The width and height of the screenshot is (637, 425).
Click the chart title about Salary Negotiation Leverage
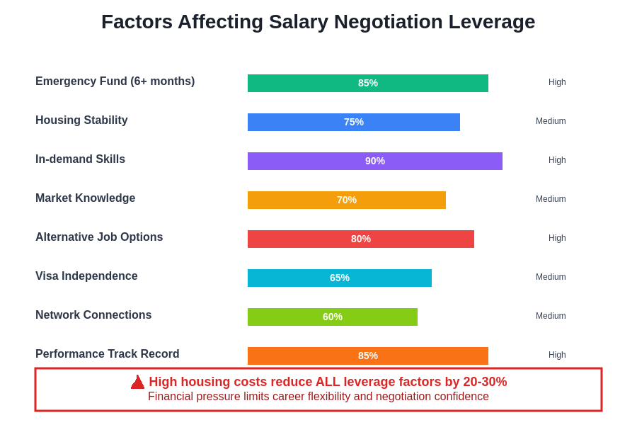318,22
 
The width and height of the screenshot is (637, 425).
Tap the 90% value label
375,161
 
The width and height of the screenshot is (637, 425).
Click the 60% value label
333,317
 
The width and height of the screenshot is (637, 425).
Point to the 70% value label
347,200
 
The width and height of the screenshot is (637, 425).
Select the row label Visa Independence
86,276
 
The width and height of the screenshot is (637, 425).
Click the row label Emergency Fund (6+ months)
115,81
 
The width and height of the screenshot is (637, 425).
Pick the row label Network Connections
93,315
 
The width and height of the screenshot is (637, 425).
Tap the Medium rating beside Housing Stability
551,121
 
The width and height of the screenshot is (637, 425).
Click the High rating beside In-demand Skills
557,160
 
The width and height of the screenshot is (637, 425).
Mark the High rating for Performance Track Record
557,355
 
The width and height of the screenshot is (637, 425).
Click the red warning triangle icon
137,382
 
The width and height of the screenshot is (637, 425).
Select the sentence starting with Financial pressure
318,397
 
